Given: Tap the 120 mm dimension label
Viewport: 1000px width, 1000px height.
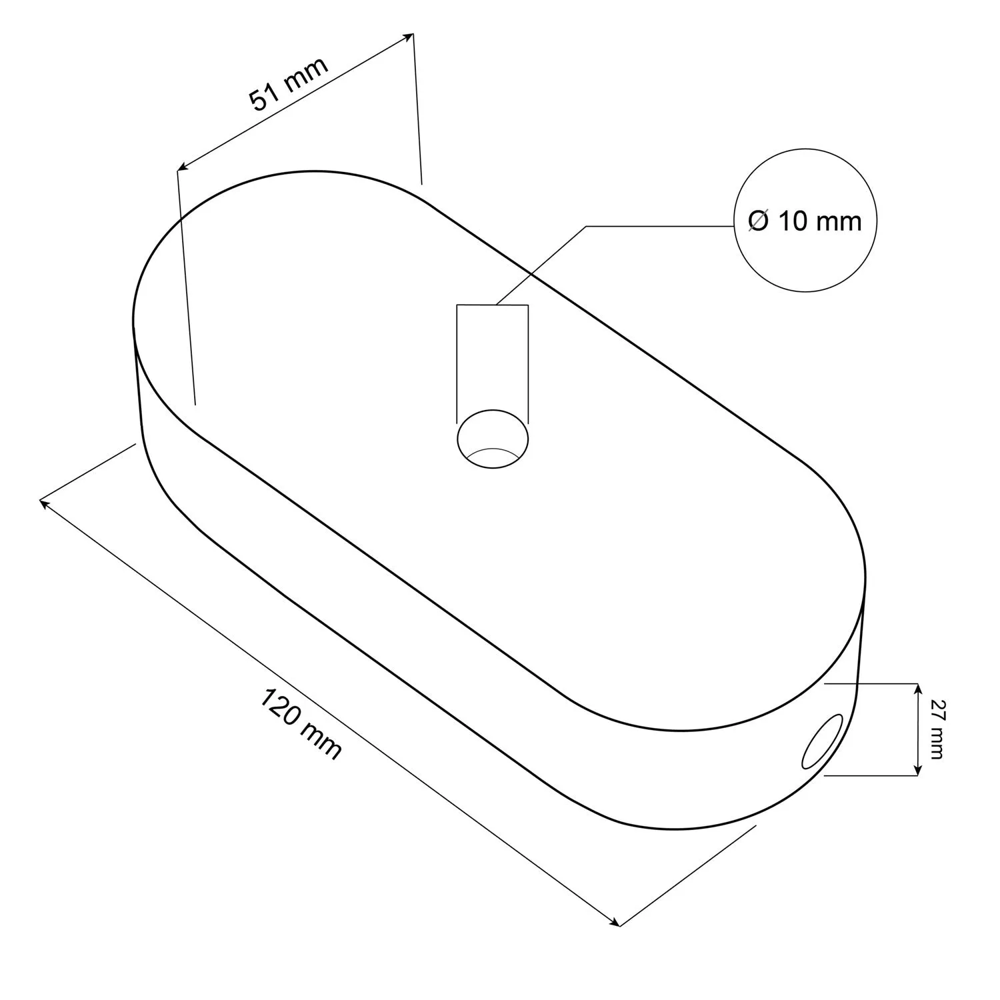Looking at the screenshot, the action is (x=300, y=725).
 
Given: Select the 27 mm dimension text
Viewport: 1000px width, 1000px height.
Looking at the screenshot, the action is (x=936, y=729).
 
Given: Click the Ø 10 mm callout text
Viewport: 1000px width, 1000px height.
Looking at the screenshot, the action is (x=805, y=221).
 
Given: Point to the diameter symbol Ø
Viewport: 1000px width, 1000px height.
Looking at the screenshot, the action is (x=759, y=221).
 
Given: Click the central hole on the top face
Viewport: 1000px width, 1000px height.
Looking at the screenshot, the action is (x=493, y=439).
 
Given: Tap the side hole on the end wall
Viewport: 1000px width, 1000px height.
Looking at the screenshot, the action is (x=823, y=741).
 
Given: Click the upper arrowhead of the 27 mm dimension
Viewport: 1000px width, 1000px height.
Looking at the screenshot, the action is (x=917, y=689).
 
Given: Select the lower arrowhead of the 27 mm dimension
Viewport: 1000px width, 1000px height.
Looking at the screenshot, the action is (x=917, y=770).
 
